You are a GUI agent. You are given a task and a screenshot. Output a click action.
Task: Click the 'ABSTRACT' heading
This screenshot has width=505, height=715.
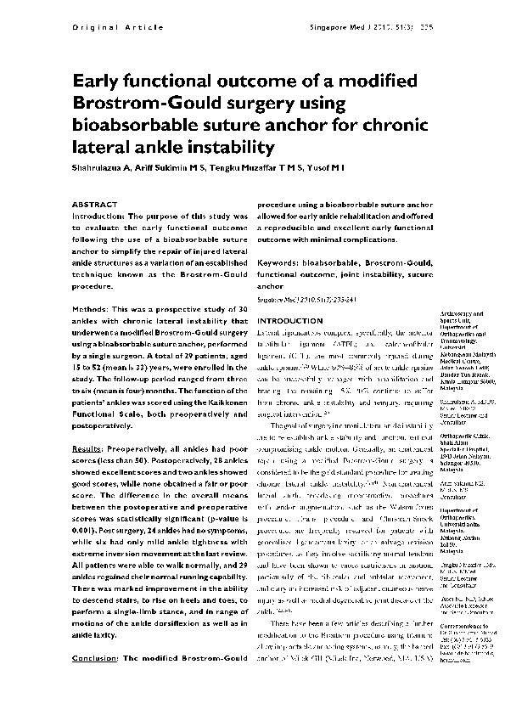[94, 205]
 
